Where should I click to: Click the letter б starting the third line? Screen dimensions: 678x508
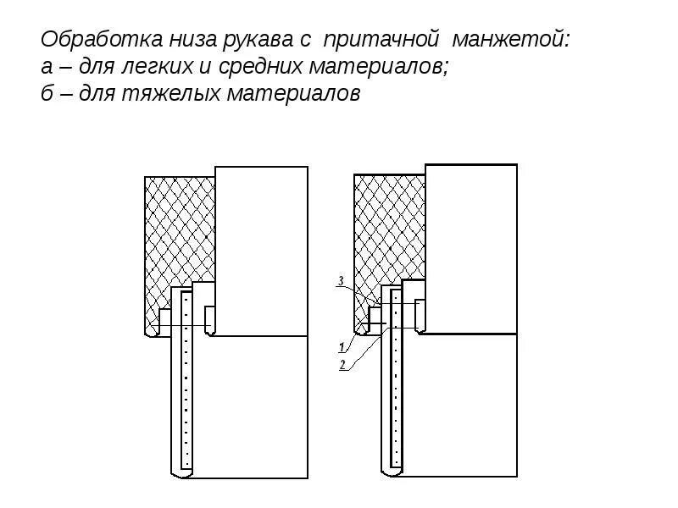47,94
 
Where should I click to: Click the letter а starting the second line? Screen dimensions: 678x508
47,68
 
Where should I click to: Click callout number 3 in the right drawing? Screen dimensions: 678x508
340,280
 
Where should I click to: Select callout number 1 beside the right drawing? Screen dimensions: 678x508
340,347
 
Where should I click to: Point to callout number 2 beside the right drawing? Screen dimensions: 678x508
342,365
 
